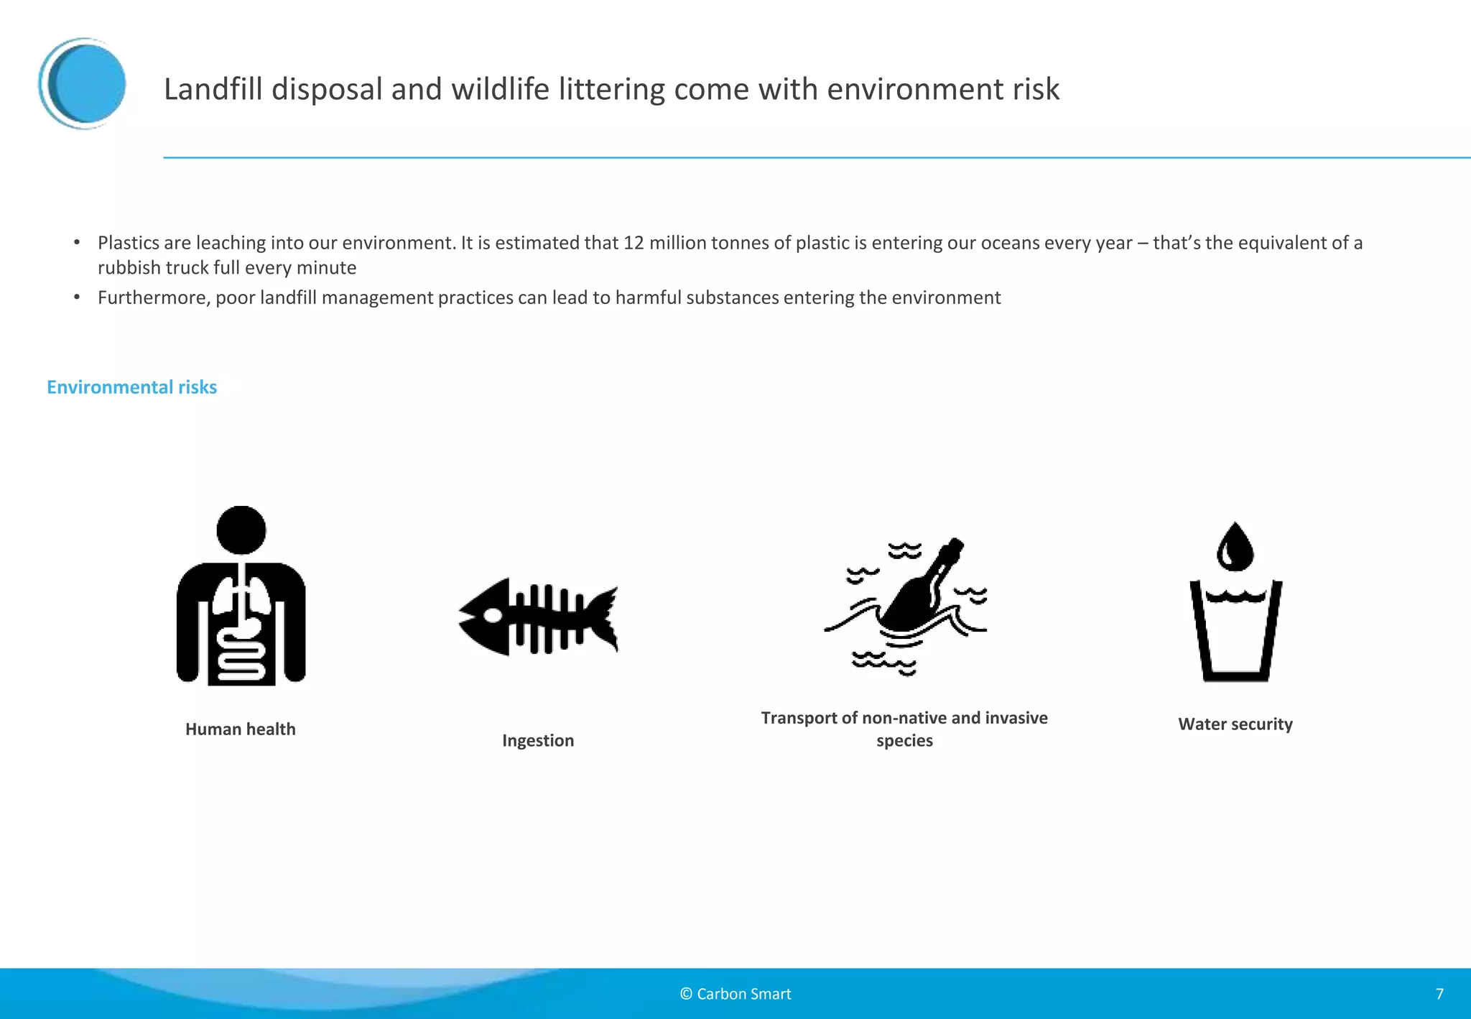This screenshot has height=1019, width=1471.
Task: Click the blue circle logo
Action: (83, 83)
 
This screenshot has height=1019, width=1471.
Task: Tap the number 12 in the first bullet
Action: (633, 243)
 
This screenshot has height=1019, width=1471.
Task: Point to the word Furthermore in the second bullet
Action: (154, 298)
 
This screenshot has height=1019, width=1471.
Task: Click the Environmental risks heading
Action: (131, 387)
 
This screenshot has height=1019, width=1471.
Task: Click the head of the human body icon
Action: (241, 530)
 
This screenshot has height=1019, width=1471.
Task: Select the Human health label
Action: (240, 729)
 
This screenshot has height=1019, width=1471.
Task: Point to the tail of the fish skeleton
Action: (603, 616)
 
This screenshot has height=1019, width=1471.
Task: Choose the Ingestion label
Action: (538, 741)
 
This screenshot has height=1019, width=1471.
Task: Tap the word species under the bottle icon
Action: (904, 741)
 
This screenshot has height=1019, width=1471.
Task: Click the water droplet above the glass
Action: (1235, 548)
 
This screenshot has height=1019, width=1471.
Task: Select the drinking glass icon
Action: (1235, 632)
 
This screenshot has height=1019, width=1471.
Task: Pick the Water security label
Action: (1235, 724)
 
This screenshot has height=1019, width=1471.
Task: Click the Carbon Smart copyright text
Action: (735, 994)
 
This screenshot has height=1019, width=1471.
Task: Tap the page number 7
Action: (1439, 994)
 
